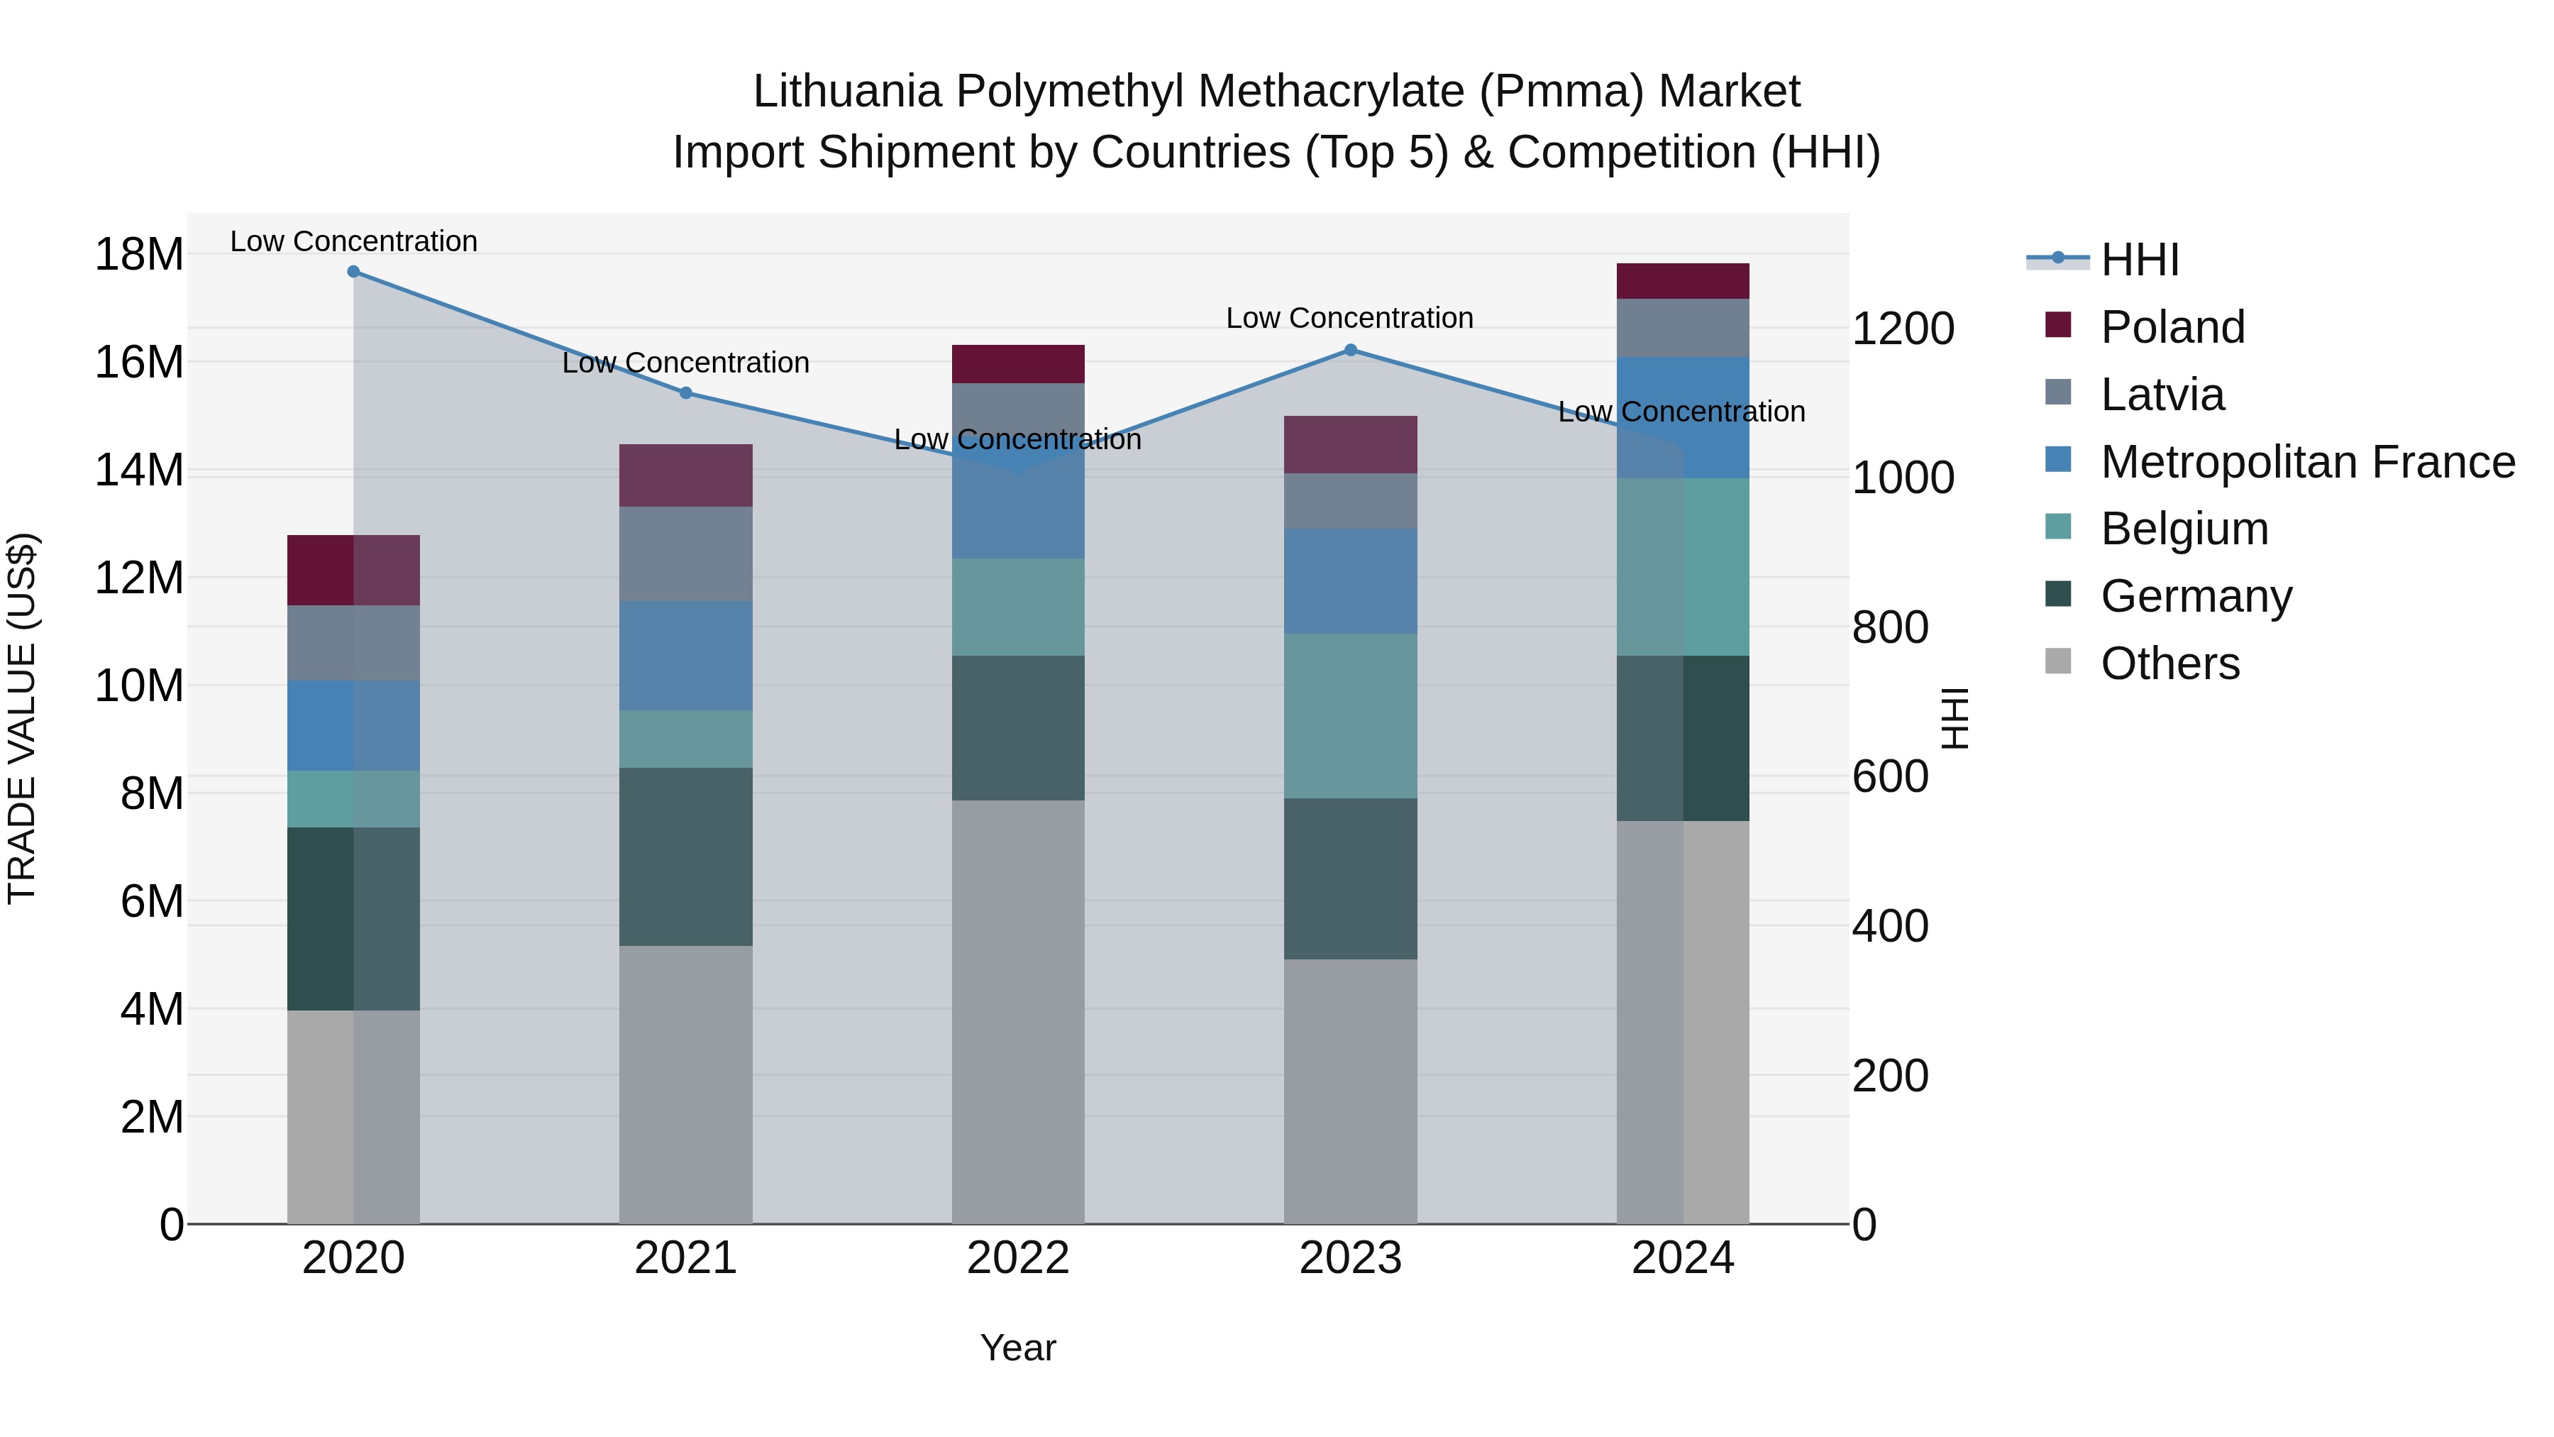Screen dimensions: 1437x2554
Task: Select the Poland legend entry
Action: coord(2172,327)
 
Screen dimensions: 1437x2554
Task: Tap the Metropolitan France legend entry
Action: coord(2306,462)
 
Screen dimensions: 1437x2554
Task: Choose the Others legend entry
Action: coord(2169,664)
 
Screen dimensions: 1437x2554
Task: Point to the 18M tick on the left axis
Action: coord(139,255)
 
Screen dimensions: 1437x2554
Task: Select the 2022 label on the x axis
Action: coord(1017,1258)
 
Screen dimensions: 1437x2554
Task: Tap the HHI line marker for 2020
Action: coord(354,272)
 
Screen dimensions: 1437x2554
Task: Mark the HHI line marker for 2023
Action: coord(1350,350)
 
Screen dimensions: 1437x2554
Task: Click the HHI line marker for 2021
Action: coord(686,392)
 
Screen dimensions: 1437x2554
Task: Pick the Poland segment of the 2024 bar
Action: coord(1683,282)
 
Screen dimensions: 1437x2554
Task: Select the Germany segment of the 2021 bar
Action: coord(686,857)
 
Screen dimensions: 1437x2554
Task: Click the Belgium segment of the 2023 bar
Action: coord(1350,716)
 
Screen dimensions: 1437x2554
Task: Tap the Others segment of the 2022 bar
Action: coord(1018,1011)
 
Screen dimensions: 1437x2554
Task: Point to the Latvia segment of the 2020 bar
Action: coord(354,643)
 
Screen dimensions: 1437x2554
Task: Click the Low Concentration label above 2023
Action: coord(1349,319)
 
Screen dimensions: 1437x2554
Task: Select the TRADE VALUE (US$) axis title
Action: coord(22,718)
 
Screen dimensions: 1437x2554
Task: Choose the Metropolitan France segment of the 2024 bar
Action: coord(1683,417)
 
